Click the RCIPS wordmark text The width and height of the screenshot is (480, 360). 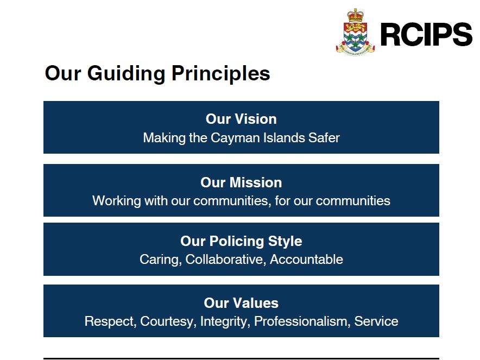(426, 34)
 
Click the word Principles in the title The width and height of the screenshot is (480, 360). (221, 73)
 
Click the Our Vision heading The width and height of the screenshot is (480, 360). (241, 119)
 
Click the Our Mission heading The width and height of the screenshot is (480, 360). (241, 182)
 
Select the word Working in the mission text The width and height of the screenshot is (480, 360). (116, 201)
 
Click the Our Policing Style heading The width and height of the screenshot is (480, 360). (241, 241)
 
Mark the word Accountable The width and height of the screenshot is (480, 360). (306, 260)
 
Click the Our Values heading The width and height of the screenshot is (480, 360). (241, 303)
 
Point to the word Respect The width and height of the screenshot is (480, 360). (110, 321)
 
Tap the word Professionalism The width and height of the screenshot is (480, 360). (302, 321)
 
